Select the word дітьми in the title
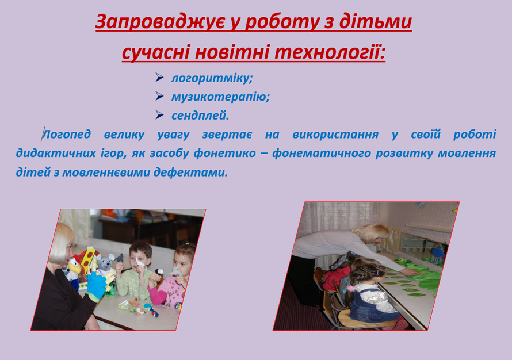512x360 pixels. click(x=375, y=21)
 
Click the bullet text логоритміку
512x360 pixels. click(x=212, y=78)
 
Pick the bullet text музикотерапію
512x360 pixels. click(x=220, y=97)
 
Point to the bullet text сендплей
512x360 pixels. click(x=200, y=115)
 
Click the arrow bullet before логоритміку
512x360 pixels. click(x=159, y=78)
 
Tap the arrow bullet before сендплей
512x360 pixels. click(x=159, y=115)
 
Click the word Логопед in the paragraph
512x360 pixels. click(x=66, y=134)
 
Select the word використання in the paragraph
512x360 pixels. click(x=335, y=134)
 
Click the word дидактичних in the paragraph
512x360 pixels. click(x=56, y=153)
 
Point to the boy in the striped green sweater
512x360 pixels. click(x=136, y=270)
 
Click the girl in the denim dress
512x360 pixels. click(x=372, y=294)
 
